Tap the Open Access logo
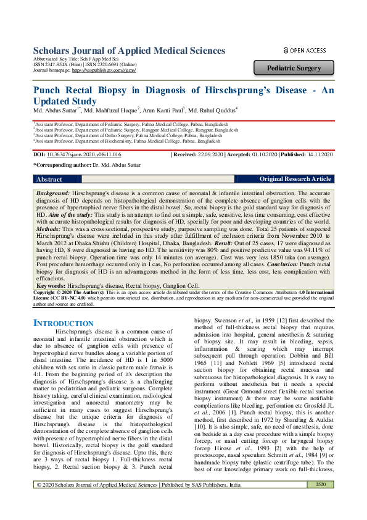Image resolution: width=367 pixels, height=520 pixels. [304, 50]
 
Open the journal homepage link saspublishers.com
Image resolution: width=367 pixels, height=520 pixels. [103, 71]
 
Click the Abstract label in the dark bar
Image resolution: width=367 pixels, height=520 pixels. [49, 179]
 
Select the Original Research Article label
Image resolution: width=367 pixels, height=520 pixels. [295, 179]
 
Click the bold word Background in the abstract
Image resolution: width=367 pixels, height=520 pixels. [52, 193]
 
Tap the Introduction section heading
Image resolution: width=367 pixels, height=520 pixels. [62, 323]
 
